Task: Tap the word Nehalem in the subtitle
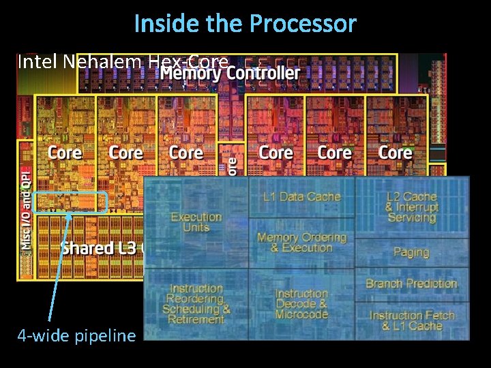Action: pyautogui.click(x=102, y=62)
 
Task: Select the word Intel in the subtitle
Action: pyautogui.click(x=38, y=62)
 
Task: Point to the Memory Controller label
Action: pyautogui.click(x=230, y=72)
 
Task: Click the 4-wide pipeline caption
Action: pyautogui.click(x=76, y=335)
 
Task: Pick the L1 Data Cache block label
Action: pyautogui.click(x=301, y=197)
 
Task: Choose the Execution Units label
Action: pyautogui.click(x=196, y=221)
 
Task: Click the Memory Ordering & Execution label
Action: pyautogui.click(x=301, y=242)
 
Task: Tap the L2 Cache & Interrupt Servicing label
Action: pyautogui.click(x=411, y=206)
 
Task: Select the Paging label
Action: pyautogui.click(x=411, y=252)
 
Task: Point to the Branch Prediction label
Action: pyautogui.click(x=411, y=283)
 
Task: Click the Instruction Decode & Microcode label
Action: pyautogui.click(x=301, y=304)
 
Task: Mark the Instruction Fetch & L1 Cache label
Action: pyautogui.click(x=411, y=320)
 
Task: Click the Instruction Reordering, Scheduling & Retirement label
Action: pyautogui.click(x=196, y=304)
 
